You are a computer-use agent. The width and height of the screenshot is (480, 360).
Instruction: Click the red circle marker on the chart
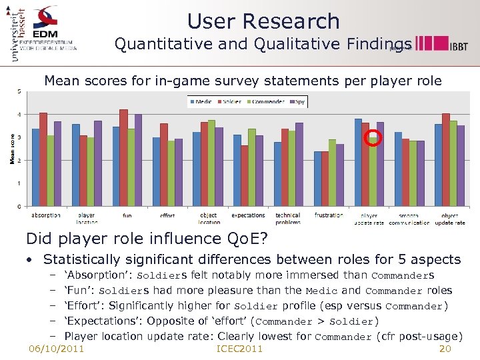pyautogui.click(x=374, y=139)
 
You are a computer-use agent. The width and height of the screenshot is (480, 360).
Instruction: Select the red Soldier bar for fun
pyautogui.click(x=123, y=158)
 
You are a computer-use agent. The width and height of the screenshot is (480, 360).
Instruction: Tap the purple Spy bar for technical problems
pyautogui.click(x=299, y=165)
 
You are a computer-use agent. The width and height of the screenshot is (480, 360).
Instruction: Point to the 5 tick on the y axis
pyautogui.click(x=19, y=91)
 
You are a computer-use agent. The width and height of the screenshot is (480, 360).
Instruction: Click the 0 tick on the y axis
pyautogui.click(x=19, y=207)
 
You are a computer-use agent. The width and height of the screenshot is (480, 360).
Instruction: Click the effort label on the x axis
pyautogui.click(x=167, y=216)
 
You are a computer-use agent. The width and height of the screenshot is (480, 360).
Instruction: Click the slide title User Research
pyautogui.click(x=263, y=21)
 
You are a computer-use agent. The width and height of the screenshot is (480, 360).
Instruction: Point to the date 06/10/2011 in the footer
pyautogui.click(x=57, y=349)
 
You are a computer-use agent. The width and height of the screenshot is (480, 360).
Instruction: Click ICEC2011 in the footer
pyautogui.click(x=240, y=349)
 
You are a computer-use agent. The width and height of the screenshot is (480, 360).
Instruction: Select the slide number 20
pyautogui.click(x=446, y=349)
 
